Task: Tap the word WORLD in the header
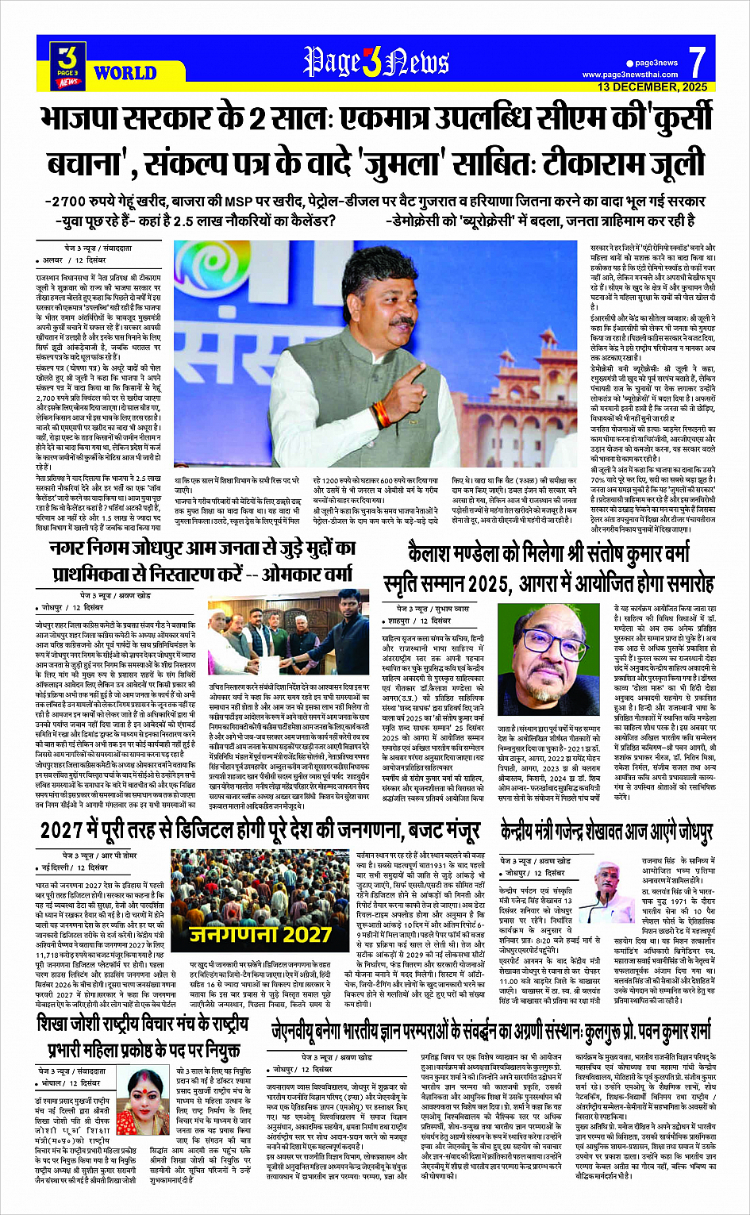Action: coord(125,73)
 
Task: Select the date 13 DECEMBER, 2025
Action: coord(652,87)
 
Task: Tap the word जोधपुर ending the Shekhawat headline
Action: coord(687,830)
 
